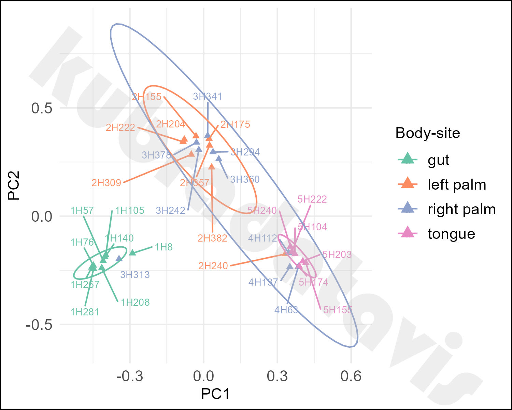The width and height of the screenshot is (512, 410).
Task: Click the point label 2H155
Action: pyautogui.click(x=146, y=97)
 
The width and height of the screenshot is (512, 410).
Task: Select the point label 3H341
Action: pyautogui.click(x=207, y=96)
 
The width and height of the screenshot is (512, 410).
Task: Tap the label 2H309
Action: pyautogui.click(x=106, y=183)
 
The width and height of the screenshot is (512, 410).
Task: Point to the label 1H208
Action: pyautogui.click(x=135, y=302)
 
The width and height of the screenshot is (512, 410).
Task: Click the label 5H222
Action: pyautogui.click(x=312, y=199)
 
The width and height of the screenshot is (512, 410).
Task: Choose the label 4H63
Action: pyautogui.click(x=286, y=310)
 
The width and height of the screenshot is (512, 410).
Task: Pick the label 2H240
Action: pyautogui.click(x=213, y=266)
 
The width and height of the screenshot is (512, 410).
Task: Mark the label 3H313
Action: pyautogui.click(x=135, y=275)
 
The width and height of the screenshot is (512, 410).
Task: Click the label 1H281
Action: pyautogui.click(x=85, y=312)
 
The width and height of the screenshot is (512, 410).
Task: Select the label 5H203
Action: pyautogui.click(x=337, y=255)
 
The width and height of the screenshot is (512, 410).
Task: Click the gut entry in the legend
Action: pyautogui.click(x=438, y=160)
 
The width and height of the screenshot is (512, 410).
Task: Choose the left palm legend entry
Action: pyautogui.click(x=457, y=184)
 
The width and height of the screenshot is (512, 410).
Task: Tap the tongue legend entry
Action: pyautogui.click(x=451, y=234)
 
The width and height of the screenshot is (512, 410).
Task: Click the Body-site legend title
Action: pyautogui.click(x=427, y=133)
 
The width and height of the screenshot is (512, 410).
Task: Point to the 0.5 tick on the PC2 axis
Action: pyautogui.click(x=42, y=108)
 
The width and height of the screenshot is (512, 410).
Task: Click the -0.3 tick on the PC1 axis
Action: pyautogui.click(x=129, y=377)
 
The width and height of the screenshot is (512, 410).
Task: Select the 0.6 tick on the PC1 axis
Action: pyautogui.click(x=351, y=377)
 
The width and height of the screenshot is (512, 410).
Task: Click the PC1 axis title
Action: pyautogui.click(x=215, y=394)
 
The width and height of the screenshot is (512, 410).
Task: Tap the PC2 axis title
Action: pyautogui.click(x=14, y=186)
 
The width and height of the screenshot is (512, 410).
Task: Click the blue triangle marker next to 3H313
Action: pyautogui.click(x=119, y=259)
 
